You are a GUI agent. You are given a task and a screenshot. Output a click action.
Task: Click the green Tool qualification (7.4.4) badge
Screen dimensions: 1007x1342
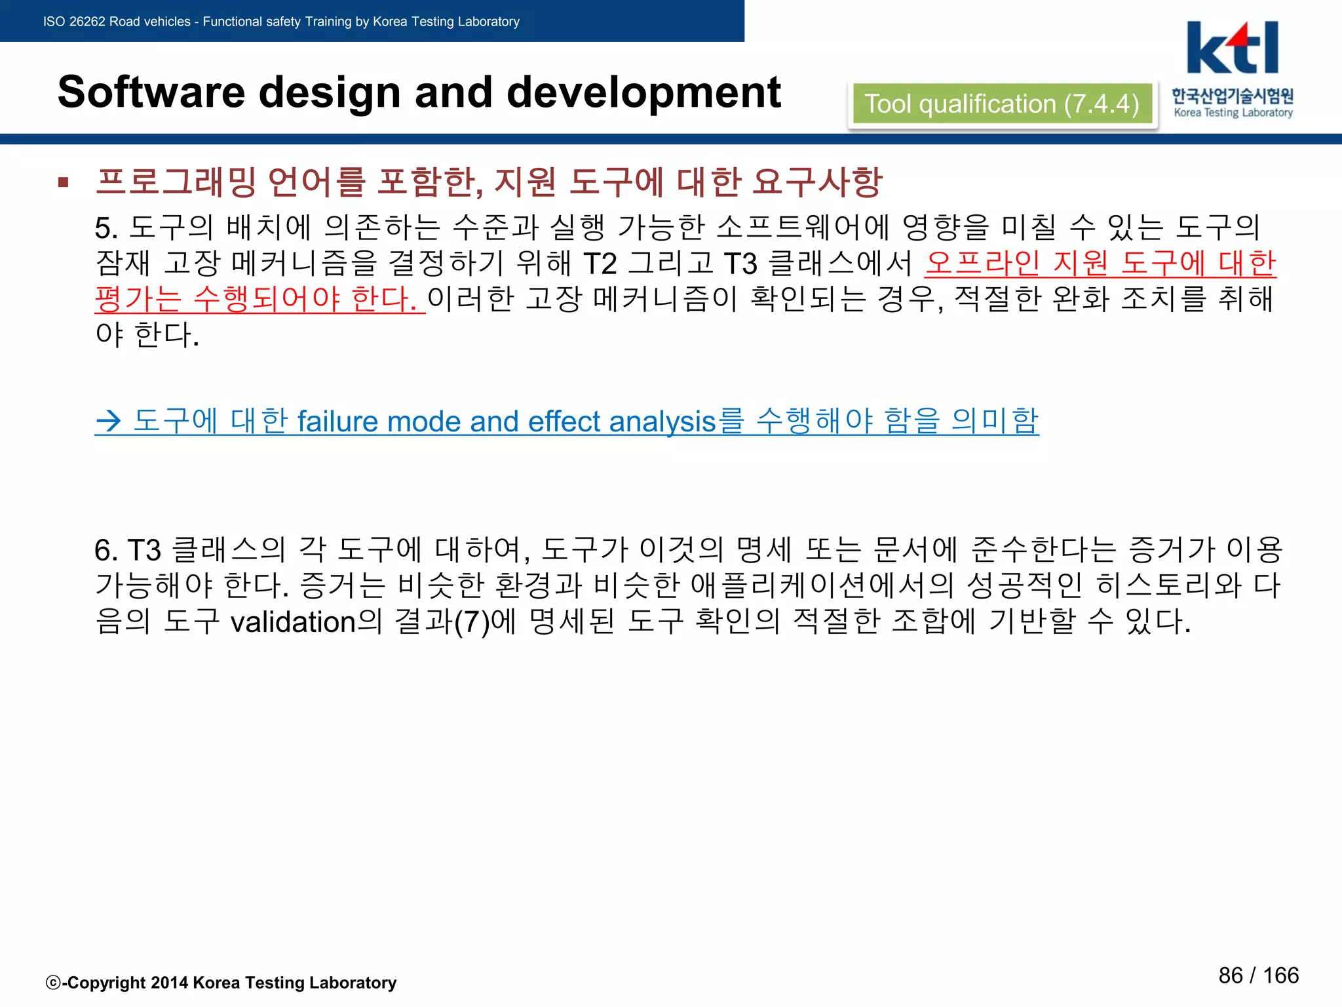(1002, 104)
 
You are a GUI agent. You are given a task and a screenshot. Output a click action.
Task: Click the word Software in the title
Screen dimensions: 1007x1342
(151, 92)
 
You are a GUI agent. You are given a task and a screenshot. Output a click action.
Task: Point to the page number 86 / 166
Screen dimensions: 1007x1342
(1258, 976)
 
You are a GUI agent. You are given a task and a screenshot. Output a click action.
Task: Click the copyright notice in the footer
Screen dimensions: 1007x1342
(221, 983)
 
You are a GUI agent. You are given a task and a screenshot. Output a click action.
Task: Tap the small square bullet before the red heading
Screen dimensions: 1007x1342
(64, 182)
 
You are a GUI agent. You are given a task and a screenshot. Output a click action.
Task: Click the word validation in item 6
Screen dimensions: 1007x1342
(293, 622)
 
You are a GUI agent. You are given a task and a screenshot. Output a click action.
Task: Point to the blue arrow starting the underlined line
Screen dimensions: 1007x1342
(109, 421)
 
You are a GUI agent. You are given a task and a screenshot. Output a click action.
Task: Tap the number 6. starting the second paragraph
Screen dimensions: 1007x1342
(106, 550)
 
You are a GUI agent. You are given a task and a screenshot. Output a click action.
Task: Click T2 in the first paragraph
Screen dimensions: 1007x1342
(600, 264)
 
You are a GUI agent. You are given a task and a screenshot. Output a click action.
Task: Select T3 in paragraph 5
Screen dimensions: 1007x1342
(740, 264)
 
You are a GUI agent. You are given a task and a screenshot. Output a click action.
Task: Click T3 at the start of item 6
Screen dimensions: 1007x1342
(144, 550)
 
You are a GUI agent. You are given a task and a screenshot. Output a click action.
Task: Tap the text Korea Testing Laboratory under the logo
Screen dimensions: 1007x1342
(1233, 113)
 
